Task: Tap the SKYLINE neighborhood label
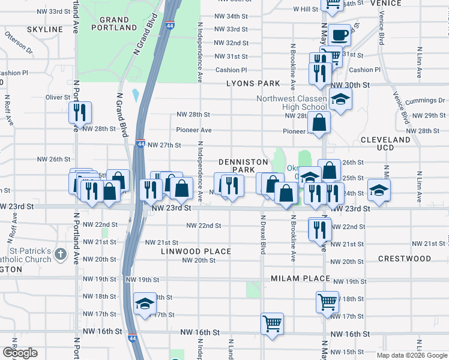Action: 45,29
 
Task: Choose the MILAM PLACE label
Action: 300,278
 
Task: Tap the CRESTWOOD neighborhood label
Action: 404,259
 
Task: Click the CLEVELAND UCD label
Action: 385,143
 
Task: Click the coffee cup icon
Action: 339,34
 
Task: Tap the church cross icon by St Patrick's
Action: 59,254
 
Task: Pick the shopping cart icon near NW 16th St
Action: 272,323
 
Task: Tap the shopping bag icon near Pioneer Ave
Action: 319,122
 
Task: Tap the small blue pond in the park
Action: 136,95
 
